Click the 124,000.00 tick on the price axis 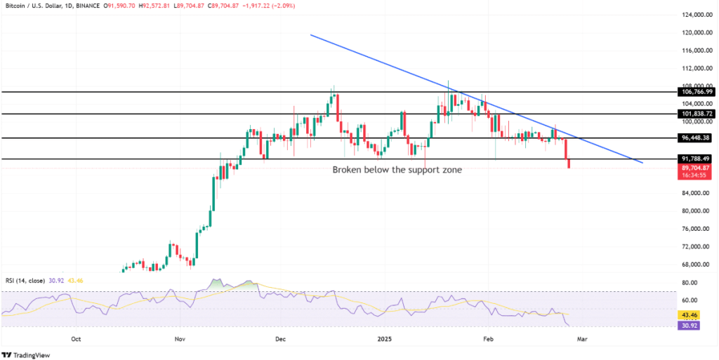point(696,15)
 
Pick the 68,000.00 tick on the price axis point(694,265)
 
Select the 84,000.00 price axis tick point(694,193)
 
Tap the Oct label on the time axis point(77,338)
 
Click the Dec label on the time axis point(281,338)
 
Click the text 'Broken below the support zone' point(397,170)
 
